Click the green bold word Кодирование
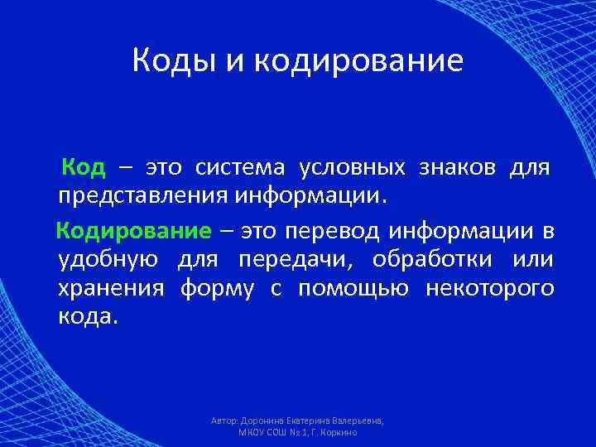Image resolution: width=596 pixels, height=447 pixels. click(133, 229)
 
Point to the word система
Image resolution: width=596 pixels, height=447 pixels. click(240, 168)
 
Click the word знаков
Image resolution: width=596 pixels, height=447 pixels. click(458, 168)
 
